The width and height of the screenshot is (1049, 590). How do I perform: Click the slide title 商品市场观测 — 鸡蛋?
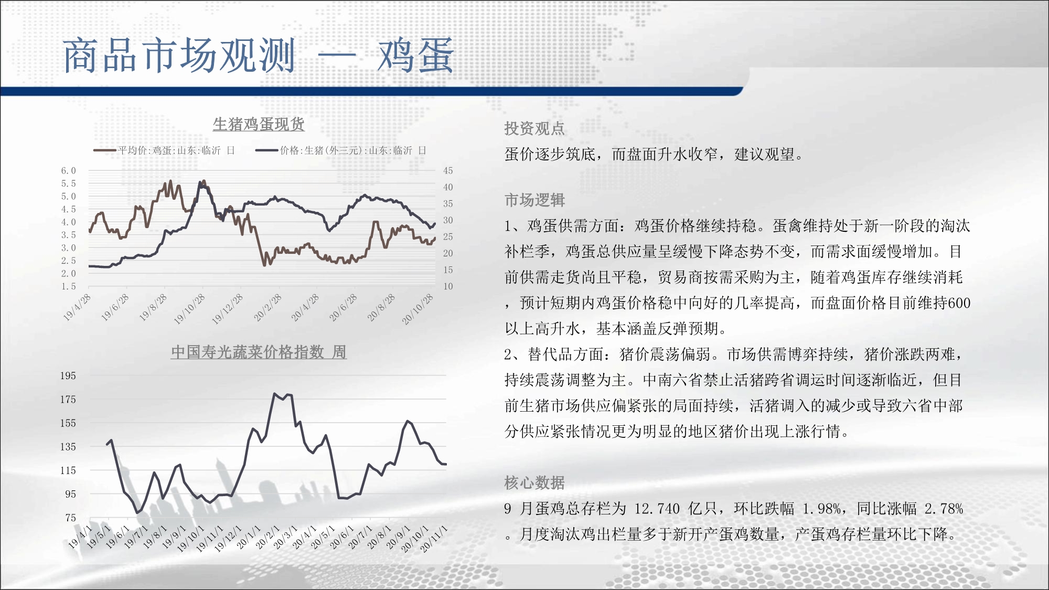point(259,56)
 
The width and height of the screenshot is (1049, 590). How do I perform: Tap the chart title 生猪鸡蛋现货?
point(259,124)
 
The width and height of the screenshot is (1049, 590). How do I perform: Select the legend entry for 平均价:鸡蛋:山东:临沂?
point(164,151)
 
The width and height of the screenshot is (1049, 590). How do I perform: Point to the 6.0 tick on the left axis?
point(69,170)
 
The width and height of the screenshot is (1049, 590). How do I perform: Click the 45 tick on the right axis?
point(448,170)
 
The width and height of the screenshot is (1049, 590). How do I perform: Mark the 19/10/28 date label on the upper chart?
point(189,309)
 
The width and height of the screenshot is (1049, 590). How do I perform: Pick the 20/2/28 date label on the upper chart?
point(267,307)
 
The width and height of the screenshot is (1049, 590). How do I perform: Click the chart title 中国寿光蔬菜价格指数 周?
point(259,352)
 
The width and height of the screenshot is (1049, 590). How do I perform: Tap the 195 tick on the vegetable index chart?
point(68,376)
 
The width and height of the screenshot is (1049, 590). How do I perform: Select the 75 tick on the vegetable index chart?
point(71,518)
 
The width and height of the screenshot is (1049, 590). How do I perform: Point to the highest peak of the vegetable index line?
point(274,393)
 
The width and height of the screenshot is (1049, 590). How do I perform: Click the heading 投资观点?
point(534,128)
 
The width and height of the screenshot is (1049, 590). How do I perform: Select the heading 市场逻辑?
point(534,200)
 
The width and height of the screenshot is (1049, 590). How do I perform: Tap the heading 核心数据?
point(534,482)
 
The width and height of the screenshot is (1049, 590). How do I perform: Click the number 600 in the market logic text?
point(959,303)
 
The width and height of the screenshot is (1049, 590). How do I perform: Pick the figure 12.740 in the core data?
point(657,509)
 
